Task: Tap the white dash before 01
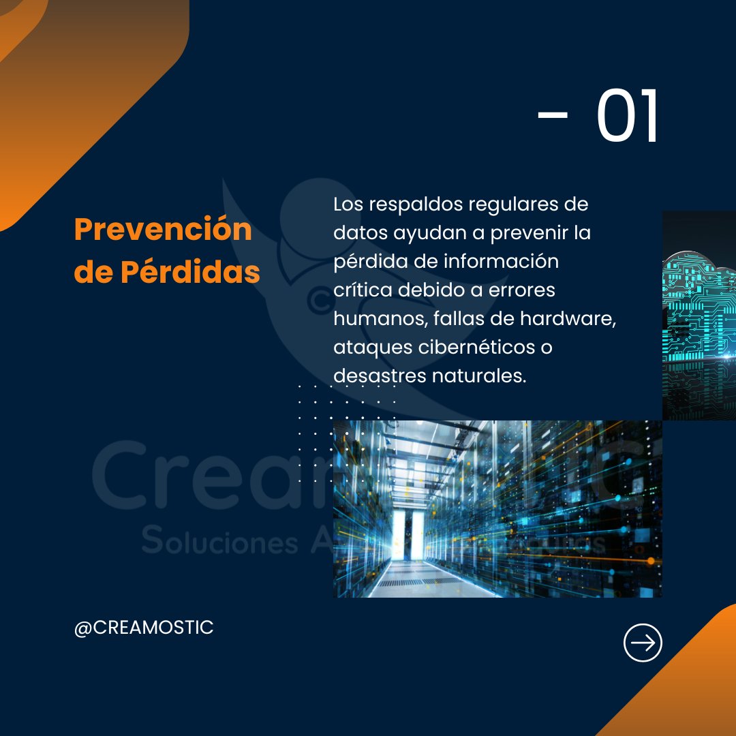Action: click(x=552, y=116)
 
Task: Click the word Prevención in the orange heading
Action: click(x=163, y=230)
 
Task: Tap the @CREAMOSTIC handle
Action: click(x=144, y=628)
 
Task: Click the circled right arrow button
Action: click(x=643, y=643)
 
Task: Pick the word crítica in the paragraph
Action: click(x=362, y=290)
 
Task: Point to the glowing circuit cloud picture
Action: click(x=699, y=313)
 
